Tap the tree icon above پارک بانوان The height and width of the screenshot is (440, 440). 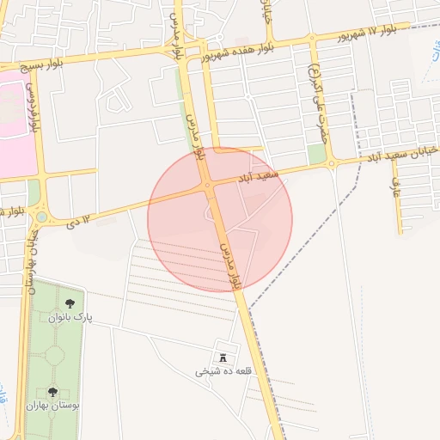[x=70, y=303]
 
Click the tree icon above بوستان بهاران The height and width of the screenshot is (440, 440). [x=52, y=392]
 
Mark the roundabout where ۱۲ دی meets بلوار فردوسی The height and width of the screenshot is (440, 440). [x=41, y=217]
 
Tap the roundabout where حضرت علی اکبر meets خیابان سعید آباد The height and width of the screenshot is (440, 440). [x=331, y=163]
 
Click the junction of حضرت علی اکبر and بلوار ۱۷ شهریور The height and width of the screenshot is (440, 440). [x=312, y=38]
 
